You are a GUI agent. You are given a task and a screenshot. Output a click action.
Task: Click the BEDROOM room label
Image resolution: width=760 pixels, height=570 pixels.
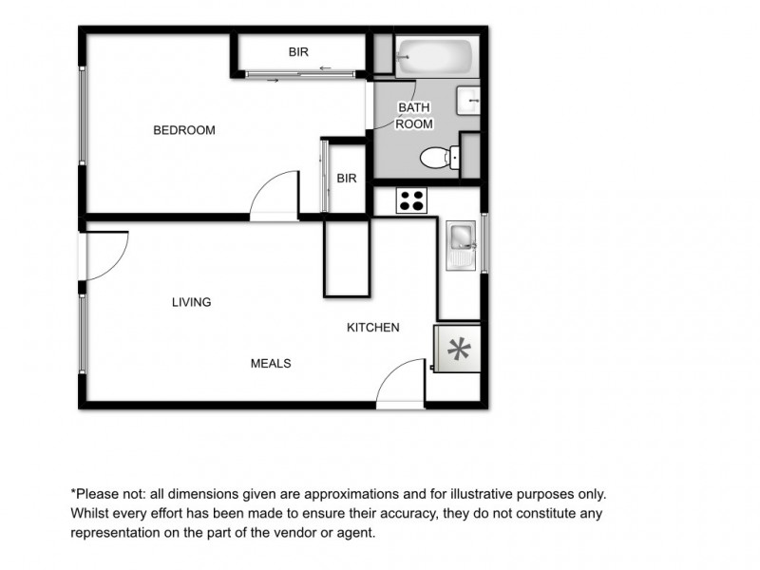[x=184, y=130]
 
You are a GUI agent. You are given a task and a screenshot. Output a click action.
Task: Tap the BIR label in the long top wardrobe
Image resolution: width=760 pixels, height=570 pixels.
[x=298, y=52]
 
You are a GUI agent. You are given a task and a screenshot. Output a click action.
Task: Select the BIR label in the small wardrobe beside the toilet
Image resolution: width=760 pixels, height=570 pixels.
[x=347, y=178]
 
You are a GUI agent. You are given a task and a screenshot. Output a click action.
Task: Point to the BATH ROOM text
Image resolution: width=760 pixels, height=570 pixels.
[x=414, y=116]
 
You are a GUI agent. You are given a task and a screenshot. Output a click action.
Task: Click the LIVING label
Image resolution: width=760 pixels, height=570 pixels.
[x=191, y=302]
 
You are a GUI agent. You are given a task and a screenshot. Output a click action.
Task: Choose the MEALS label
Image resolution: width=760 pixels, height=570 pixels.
[x=270, y=363]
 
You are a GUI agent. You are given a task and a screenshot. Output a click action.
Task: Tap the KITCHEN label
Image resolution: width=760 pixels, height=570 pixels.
[x=372, y=327]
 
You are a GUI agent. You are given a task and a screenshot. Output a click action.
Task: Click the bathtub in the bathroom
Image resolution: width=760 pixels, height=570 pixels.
[x=436, y=56]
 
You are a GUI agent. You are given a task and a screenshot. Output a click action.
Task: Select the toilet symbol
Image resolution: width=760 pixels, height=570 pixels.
[x=438, y=158]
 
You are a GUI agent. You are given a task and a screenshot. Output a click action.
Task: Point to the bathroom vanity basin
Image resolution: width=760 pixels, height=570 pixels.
[x=468, y=100]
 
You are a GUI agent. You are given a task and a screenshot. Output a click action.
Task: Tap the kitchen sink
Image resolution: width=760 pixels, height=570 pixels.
[x=461, y=245]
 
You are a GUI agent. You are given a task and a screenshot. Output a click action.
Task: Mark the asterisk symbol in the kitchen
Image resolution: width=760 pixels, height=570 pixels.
[x=459, y=349]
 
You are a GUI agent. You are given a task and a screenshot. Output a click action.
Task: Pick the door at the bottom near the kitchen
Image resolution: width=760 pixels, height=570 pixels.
[x=401, y=385]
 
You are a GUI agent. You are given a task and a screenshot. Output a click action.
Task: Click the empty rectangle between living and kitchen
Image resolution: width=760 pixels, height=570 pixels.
[x=347, y=258]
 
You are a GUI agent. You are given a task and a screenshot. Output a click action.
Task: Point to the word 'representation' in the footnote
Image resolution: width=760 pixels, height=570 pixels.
[x=118, y=533]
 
